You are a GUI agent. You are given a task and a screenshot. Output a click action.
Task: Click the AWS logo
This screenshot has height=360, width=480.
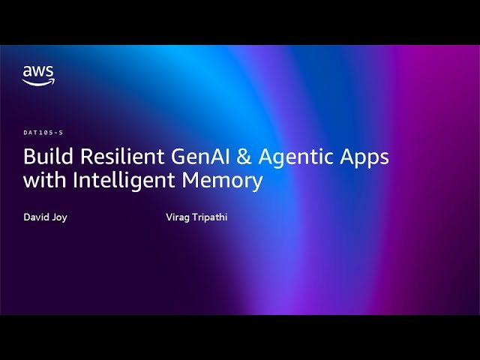tap(38, 76)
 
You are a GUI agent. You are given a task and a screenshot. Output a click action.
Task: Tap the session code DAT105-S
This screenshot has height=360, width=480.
tap(43, 133)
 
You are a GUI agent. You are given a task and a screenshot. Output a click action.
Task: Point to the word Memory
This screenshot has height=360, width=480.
tap(221, 181)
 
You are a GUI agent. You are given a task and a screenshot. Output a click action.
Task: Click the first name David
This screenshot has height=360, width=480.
tap(36, 217)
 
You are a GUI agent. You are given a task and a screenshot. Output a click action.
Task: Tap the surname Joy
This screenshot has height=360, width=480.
tap(59, 217)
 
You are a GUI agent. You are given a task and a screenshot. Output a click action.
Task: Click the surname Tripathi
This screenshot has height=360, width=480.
tap(211, 217)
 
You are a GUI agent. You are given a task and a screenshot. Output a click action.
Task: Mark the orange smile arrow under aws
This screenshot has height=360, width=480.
tap(38, 82)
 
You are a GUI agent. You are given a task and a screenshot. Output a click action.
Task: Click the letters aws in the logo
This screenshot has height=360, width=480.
tap(38, 72)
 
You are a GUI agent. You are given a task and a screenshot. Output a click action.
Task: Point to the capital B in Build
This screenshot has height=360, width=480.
tap(29, 157)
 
